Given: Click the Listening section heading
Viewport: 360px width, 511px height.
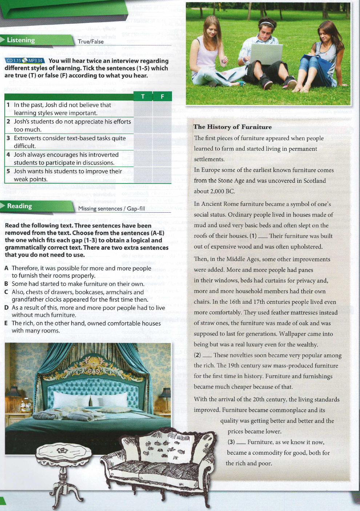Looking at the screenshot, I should point(21,40).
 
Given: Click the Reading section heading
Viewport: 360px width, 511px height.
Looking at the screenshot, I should point(20,206).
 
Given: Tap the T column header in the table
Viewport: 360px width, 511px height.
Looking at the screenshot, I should point(143,96).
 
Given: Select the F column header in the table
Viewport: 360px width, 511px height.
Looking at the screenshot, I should point(162,96).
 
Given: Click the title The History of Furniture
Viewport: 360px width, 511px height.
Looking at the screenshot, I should point(232,127).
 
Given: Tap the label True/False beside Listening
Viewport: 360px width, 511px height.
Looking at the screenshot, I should point(91,41).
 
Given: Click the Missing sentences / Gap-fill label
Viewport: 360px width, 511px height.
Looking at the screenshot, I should point(112,209).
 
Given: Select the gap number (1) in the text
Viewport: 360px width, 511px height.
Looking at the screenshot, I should point(253,236).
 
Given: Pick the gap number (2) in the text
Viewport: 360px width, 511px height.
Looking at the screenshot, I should point(197,355).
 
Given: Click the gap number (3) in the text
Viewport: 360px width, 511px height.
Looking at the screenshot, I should point(231,442).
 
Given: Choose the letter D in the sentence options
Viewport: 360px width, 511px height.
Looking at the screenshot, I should point(7,308).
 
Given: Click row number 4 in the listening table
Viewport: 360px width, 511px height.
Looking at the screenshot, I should point(8,154).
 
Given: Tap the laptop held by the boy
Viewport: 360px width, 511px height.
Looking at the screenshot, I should point(266,55).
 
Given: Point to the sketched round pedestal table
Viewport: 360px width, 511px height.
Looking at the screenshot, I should point(64,469).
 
